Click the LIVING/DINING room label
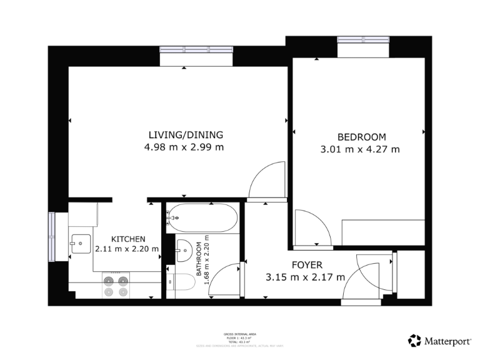point(185,135)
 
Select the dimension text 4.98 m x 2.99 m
point(184,148)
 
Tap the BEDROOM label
point(361,137)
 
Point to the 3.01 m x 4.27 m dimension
point(359,149)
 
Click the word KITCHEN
point(128,239)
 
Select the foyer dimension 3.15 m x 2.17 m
point(305,277)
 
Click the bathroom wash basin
point(184,251)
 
